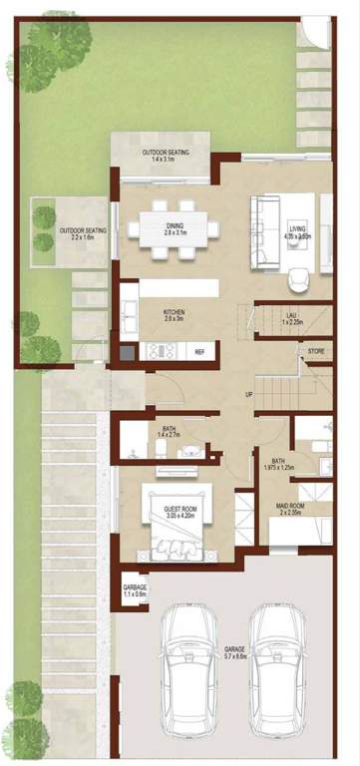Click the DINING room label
(174, 227)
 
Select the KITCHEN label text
(175, 314)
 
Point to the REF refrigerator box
(199, 351)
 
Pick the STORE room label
(316, 352)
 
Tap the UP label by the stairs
(248, 395)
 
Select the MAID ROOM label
(291, 511)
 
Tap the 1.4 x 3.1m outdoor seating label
(164, 155)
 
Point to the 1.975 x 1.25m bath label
(278, 465)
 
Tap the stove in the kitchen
(159, 350)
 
